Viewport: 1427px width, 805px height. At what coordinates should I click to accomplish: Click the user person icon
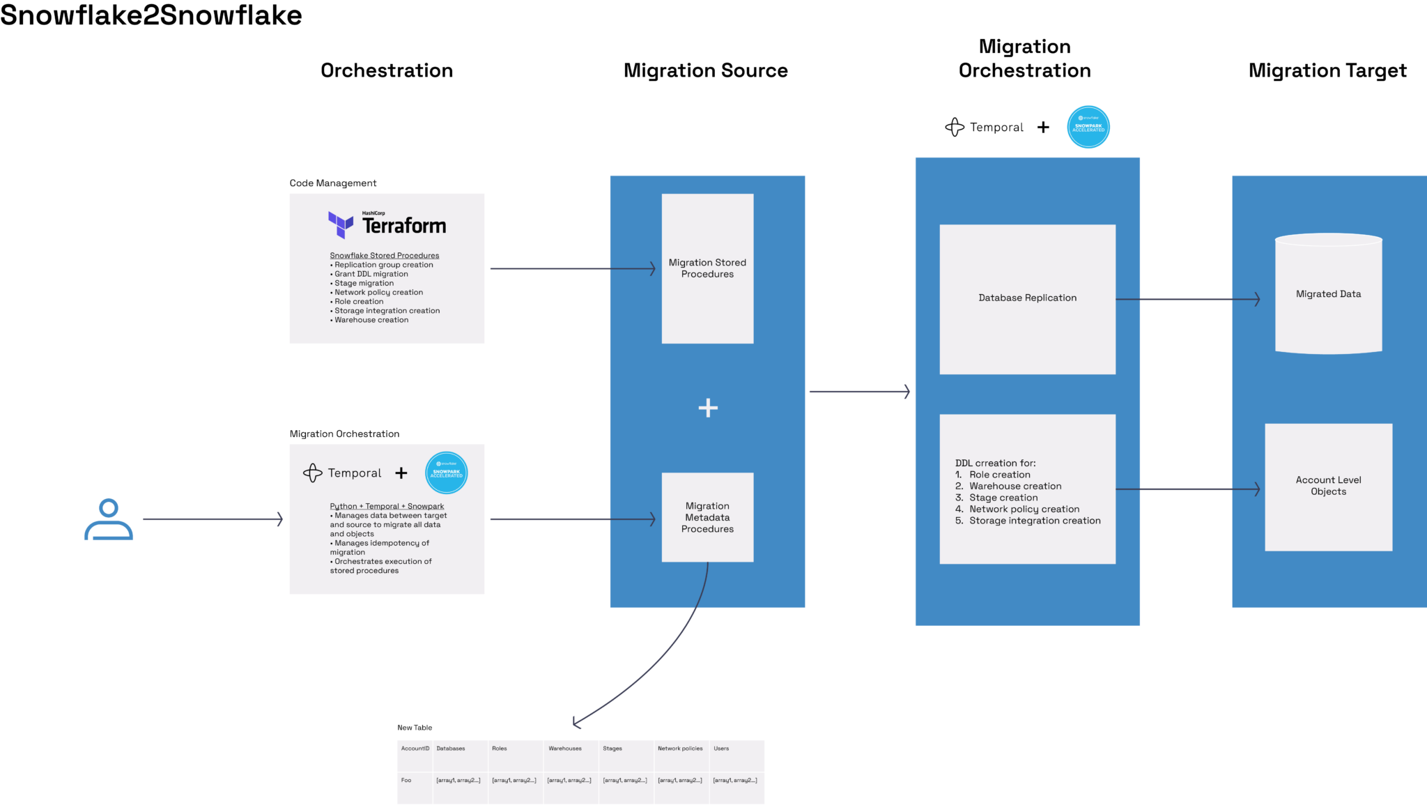click(109, 519)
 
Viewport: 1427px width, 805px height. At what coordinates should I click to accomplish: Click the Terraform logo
click(387, 224)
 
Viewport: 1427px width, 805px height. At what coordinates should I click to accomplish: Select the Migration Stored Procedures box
click(707, 268)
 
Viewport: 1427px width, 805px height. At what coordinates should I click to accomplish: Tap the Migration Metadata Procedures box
click(707, 517)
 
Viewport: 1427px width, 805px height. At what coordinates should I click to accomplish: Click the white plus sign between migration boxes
click(708, 408)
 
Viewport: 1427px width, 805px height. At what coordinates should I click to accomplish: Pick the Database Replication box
click(1027, 298)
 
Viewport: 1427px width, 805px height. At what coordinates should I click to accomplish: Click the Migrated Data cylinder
click(1328, 295)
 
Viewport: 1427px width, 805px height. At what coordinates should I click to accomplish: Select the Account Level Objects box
click(1328, 486)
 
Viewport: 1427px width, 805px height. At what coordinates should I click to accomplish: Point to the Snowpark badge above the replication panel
click(1088, 127)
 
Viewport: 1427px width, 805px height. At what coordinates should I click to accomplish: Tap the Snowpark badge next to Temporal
click(446, 473)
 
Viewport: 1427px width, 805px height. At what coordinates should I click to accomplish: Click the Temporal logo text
click(354, 473)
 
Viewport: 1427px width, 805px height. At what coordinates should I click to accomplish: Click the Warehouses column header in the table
click(565, 749)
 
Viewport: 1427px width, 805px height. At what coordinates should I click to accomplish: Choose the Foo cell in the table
click(406, 781)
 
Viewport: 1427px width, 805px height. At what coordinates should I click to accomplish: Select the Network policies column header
click(680, 749)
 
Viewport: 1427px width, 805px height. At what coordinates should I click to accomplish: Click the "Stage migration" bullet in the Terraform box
click(364, 284)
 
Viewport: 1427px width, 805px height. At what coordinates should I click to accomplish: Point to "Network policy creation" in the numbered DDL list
click(1024, 509)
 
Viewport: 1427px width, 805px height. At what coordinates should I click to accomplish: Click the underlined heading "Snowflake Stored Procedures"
click(385, 256)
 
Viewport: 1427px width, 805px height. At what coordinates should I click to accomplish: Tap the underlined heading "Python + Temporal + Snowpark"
click(387, 507)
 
